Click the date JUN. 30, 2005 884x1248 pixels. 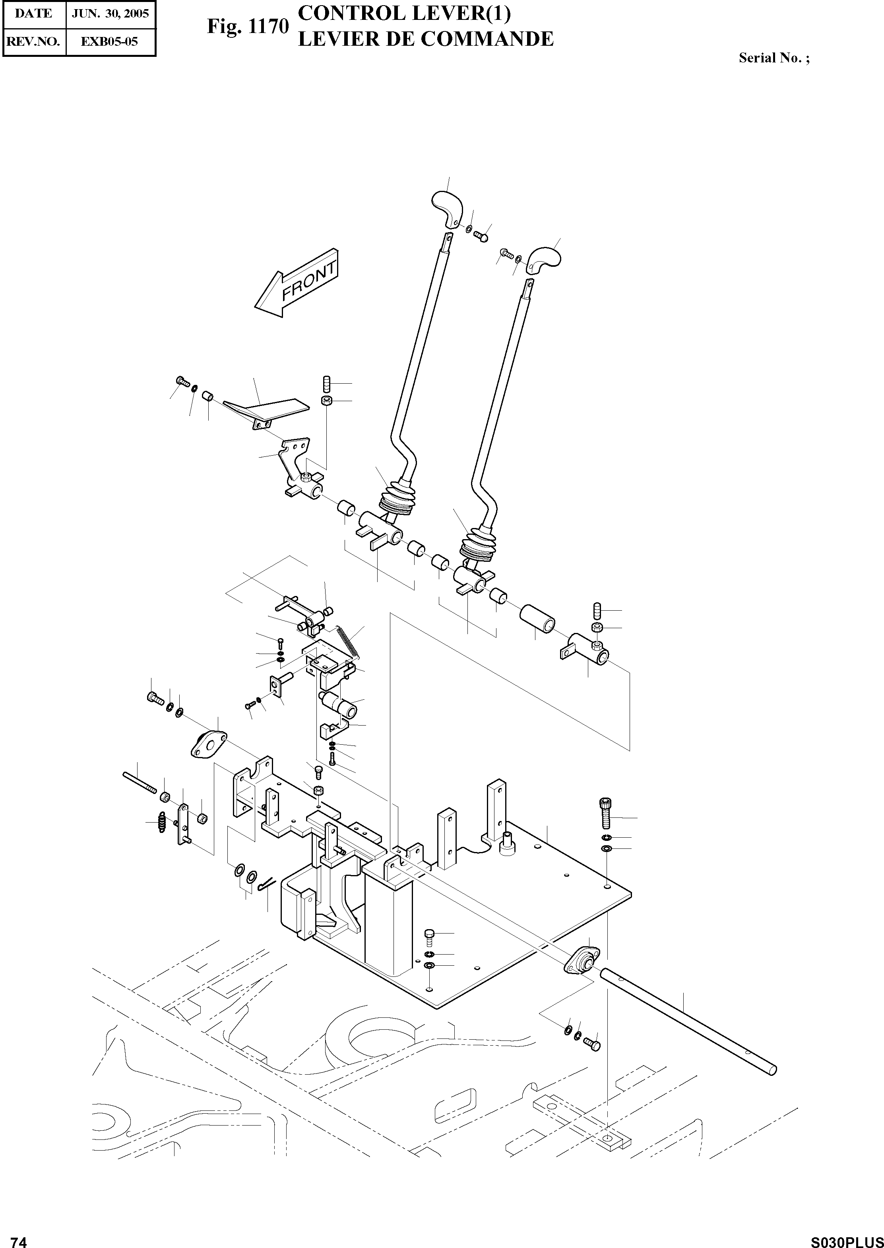pos(111,14)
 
